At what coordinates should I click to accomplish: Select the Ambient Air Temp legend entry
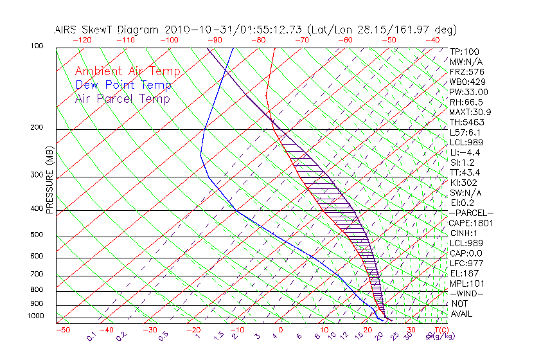click(128, 71)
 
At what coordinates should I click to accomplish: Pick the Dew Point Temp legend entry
click(123, 85)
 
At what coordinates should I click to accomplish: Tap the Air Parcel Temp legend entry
click(123, 98)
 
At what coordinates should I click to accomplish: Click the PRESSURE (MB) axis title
click(49, 181)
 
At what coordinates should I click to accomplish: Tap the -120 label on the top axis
click(81, 40)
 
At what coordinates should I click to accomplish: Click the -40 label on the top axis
click(432, 40)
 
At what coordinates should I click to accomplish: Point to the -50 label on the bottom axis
click(62, 330)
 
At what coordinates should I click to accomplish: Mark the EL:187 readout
click(463, 273)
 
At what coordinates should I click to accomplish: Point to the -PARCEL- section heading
click(471, 213)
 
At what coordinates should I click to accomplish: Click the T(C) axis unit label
click(436, 330)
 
